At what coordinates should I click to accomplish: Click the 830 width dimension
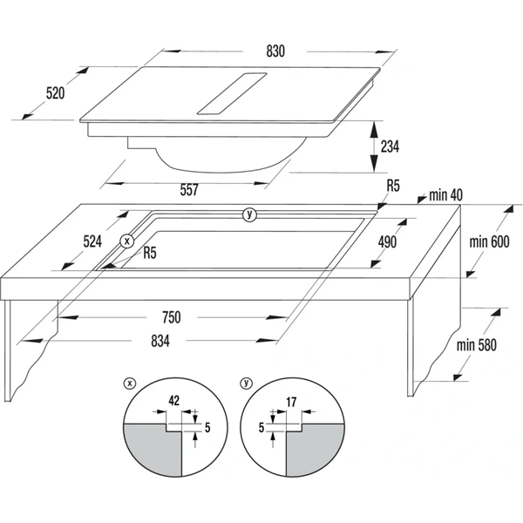pyautogui.click(x=275, y=51)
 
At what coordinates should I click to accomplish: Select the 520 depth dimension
pyautogui.click(x=55, y=93)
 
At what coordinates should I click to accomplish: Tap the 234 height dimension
pyautogui.click(x=390, y=146)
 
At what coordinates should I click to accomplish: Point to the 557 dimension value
pyautogui.click(x=189, y=190)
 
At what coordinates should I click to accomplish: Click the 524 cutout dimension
pyautogui.click(x=92, y=241)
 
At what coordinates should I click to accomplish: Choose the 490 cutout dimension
pyautogui.click(x=387, y=241)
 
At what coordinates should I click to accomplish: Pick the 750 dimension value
pyautogui.click(x=172, y=317)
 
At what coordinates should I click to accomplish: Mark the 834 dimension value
pyautogui.click(x=160, y=341)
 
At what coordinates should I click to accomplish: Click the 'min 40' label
pyautogui.click(x=445, y=195)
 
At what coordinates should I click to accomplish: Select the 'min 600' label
pyautogui.click(x=489, y=241)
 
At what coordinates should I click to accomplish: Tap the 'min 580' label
pyautogui.click(x=476, y=345)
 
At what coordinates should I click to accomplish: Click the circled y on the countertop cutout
pyautogui.click(x=249, y=214)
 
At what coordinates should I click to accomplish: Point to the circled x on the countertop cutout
pyautogui.click(x=126, y=241)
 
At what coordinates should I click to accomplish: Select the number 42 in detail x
pyautogui.click(x=174, y=401)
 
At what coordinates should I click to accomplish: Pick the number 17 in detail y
pyautogui.click(x=291, y=402)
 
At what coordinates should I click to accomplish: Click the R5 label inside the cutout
pyautogui.click(x=150, y=253)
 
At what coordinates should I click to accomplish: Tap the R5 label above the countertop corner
pyautogui.click(x=393, y=186)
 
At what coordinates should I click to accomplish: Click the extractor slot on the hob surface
pyautogui.click(x=232, y=94)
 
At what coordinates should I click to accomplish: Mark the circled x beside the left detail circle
pyautogui.click(x=129, y=384)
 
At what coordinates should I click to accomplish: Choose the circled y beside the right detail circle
pyautogui.click(x=246, y=384)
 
